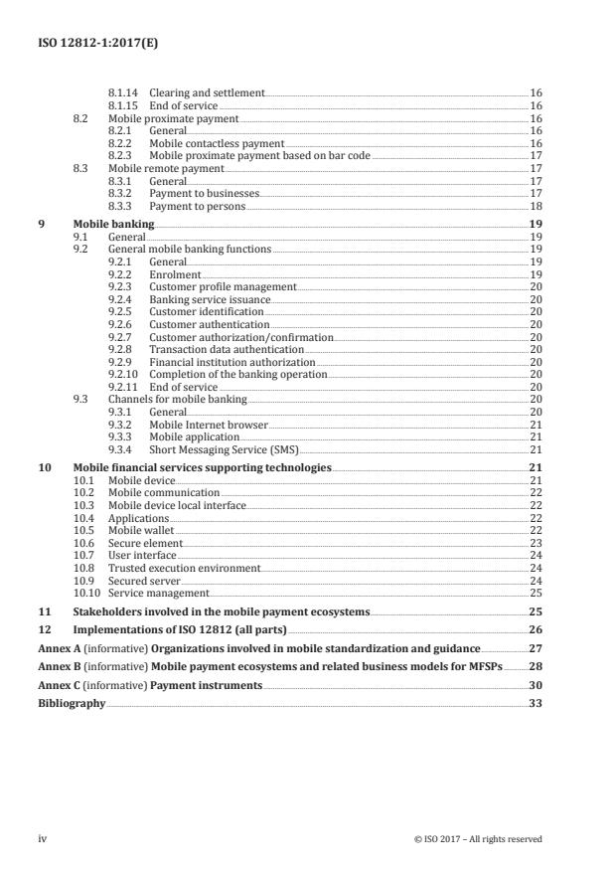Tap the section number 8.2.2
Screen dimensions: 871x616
pyautogui.click(x=120, y=143)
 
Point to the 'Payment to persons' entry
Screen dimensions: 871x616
pyautogui.click(x=197, y=206)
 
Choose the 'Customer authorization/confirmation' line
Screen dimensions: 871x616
pyautogui.click(x=240, y=337)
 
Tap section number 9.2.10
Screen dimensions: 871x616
pyautogui.click(x=123, y=374)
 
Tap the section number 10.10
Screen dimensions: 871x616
pyautogui.click(x=87, y=593)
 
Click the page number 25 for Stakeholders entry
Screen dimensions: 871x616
pyautogui.click(x=535, y=614)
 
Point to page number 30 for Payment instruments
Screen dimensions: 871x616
pyautogui.click(x=535, y=684)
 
